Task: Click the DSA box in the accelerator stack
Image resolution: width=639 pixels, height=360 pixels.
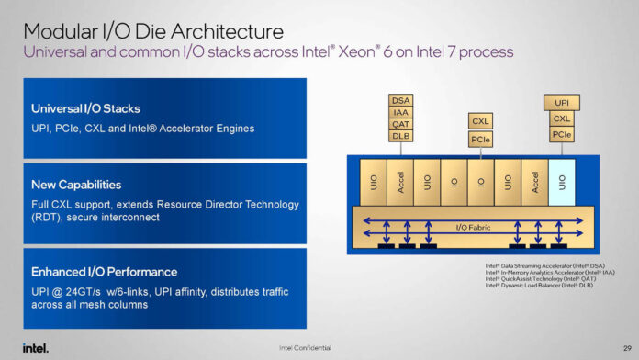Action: [400, 100]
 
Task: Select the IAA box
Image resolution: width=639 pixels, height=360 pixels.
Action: [400, 112]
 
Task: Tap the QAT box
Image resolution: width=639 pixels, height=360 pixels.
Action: [400, 124]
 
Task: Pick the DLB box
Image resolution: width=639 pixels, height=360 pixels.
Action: [400, 136]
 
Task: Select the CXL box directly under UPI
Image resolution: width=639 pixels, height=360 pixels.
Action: [562, 118]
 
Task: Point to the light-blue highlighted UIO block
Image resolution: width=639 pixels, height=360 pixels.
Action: [562, 182]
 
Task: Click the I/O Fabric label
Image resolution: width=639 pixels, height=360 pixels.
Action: [474, 226]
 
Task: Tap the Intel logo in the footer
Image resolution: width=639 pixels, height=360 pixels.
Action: [35, 347]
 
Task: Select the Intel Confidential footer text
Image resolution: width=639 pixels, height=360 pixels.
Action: [306, 347]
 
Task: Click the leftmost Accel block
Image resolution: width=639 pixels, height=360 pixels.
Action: [400, 182]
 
